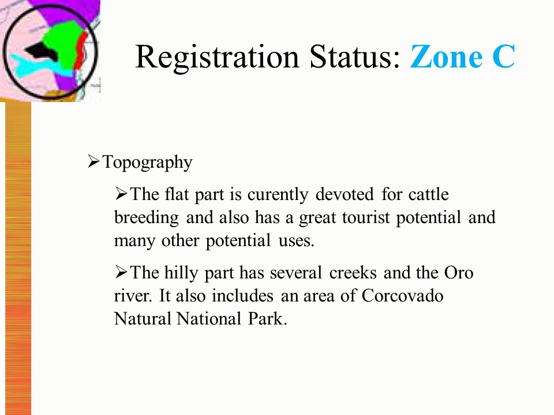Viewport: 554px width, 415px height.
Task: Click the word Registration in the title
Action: coord(218,57)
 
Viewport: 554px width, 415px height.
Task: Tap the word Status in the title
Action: coord(355,56)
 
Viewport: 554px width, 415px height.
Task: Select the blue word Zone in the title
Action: coord(446,56)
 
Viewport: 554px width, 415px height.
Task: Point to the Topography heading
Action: coord(147,163)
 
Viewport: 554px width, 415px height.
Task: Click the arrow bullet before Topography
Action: coord(93,161)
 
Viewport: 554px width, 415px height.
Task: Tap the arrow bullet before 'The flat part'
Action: coord(121,194)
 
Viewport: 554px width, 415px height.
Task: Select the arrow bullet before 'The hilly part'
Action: coord(121,271)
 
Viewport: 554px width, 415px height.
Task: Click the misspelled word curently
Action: coord(278,195)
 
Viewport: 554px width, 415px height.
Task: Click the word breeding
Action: coord(146,218)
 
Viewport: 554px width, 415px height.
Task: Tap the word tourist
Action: coord(366,218)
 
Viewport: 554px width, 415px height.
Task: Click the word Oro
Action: coord(459,273)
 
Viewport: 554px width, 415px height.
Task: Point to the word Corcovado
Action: coord(402,296)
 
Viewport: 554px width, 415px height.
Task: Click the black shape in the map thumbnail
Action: coord(42,52)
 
